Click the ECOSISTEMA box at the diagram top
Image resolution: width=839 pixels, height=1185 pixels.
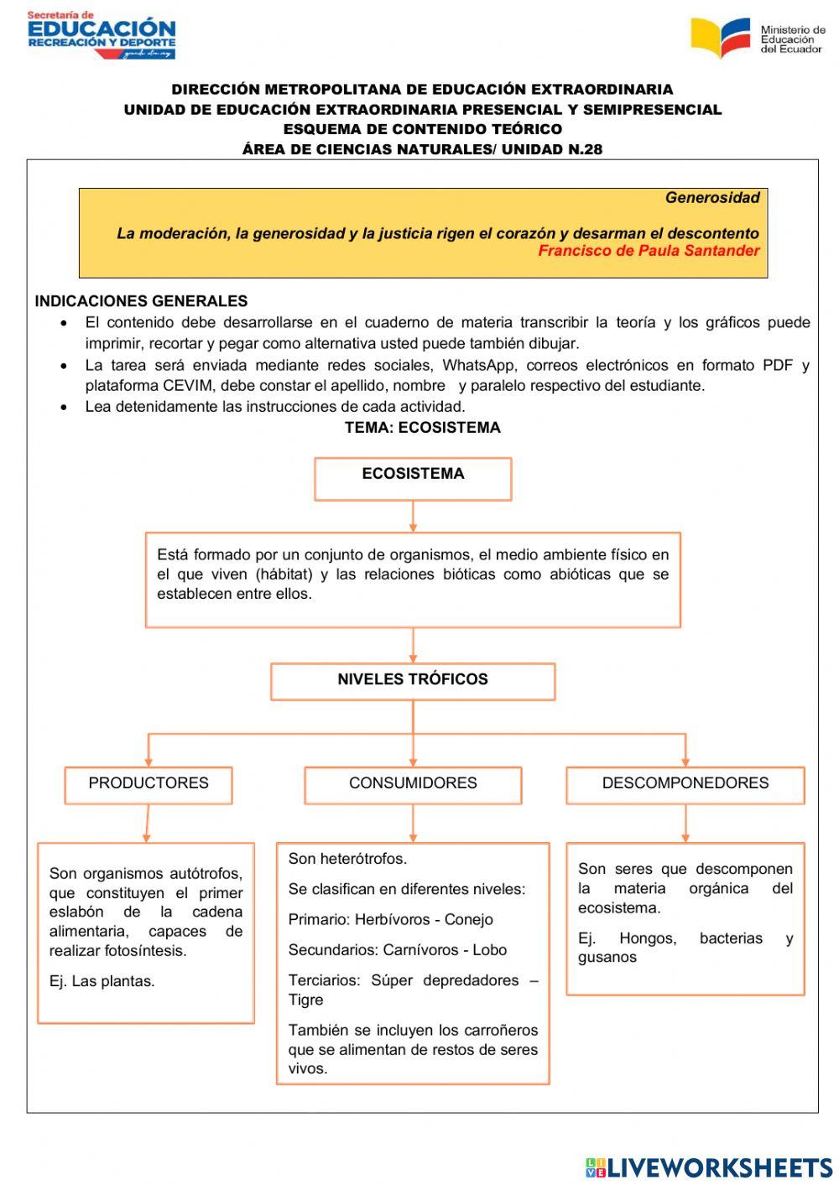[x=413, y=479]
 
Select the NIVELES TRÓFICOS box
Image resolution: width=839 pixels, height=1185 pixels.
[x=413, y=681]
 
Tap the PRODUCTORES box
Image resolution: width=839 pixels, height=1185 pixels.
[x=149, y=785]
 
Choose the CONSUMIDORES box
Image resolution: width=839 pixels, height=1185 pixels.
[x=413, y=785]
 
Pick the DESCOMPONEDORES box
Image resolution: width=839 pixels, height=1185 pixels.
[x=685, y=785]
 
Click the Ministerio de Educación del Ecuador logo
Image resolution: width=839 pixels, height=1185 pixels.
[x=757, y=39]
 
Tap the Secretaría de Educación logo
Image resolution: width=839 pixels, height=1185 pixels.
[x=101, y=35]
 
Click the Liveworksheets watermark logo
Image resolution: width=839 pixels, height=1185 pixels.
[x=709, y=1167]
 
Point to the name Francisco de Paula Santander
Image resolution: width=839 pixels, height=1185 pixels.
[x=649, y=251]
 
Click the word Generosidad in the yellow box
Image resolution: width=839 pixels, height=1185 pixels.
[x=712, y=198]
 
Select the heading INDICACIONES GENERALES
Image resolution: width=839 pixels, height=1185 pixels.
[x=141, y=301]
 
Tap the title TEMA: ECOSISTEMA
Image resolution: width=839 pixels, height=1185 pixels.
[x=422, y=428]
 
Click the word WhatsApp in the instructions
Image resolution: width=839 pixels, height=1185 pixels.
[x=479, y=365]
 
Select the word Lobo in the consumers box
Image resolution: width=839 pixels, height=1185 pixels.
[x=489, y=950]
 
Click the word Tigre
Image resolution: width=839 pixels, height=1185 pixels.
[x=305, y=1000]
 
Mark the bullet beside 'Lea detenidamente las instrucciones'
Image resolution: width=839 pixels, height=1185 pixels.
[x=65, y=408]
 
